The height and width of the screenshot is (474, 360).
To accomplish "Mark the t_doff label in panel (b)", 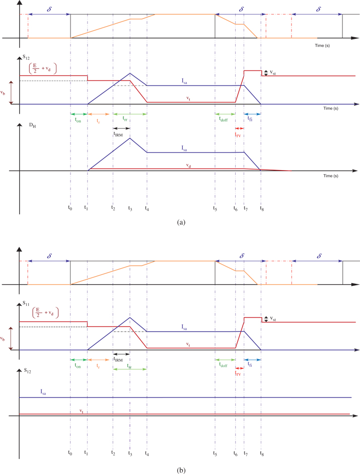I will coord(224,366).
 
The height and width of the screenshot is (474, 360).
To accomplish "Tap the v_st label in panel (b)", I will coord(272,319).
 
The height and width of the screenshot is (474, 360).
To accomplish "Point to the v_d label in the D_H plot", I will coord(188,165).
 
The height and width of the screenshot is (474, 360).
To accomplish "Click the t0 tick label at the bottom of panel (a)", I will coord(70,208).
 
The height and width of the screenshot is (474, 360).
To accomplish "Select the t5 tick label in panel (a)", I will coord(215,208).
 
